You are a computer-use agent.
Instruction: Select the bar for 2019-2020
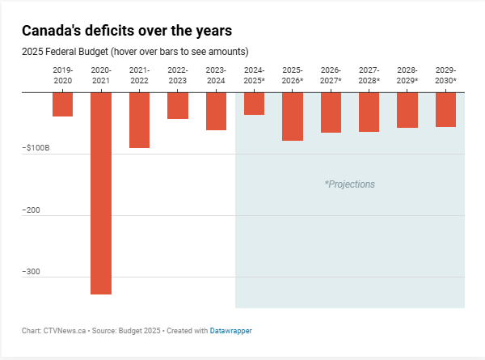point(63,104)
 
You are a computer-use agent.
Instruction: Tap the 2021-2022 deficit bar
point(139,120)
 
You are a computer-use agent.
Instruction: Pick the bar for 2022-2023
point(178,105)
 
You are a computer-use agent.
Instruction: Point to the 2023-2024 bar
point(216,111)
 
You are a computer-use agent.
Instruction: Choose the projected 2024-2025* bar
point(254,104)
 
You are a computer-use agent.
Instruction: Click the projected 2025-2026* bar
point(293,116)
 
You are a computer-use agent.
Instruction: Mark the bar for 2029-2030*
point(445,109)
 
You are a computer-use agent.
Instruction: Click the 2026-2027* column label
point(331,75)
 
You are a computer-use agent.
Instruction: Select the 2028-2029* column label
point(407,75)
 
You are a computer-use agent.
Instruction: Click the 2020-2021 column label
point(101,75)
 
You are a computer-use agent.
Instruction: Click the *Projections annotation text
point(350,184)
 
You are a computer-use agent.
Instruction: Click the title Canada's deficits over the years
point(127,31)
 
